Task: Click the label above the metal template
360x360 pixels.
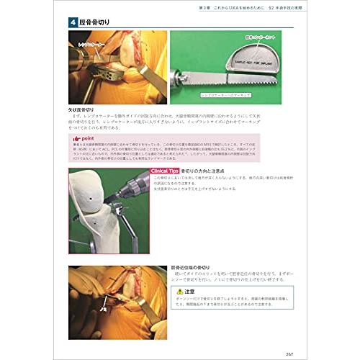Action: (259, 35)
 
